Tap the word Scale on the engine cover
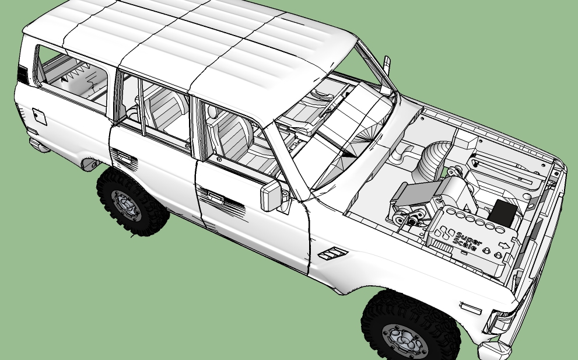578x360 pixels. [x=465, y=245]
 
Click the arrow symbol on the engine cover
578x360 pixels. [x=504, y=245]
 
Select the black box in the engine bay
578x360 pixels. [x=503, y=213]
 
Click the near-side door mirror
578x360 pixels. [x=272, y=196]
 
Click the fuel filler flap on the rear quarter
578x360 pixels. [x=40, y=117]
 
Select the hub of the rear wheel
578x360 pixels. [x=126, y=205]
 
